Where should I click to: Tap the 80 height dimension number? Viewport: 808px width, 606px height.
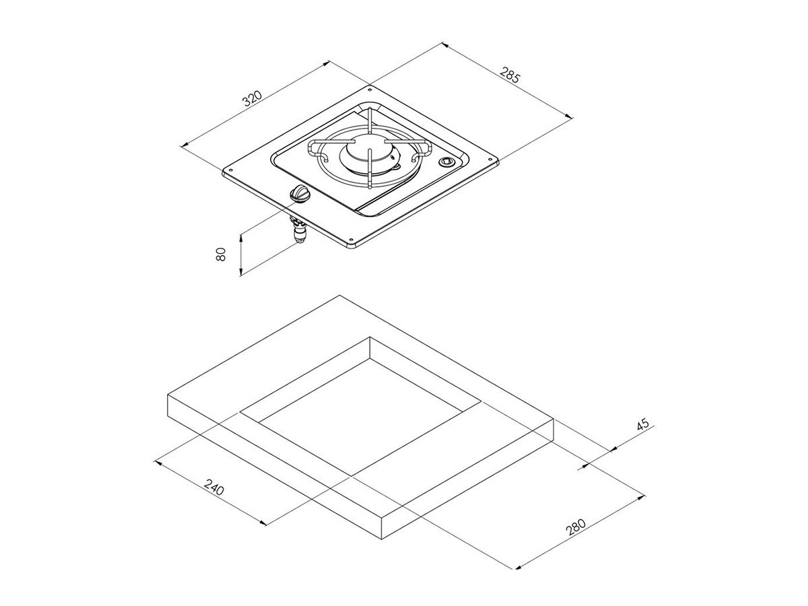click(x=220, y=254)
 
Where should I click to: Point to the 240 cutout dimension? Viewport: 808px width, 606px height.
click(x=214, y=487)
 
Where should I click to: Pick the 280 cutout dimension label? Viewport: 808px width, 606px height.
click(x=575, y=527)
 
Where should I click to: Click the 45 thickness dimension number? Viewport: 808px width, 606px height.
click(x=642, y=424)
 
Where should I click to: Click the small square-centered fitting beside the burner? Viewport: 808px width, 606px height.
click(x=446, y=162)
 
